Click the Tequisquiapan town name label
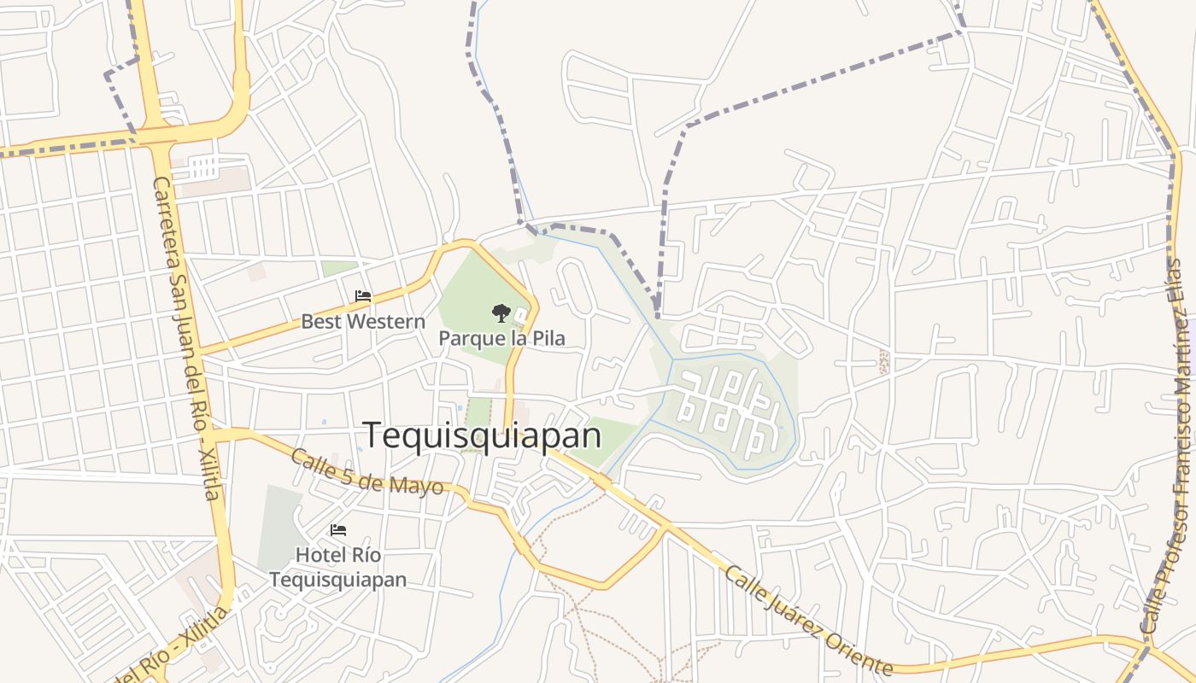coord(483,435)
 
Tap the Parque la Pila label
coord(501,338)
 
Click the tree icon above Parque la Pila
coord(501,312)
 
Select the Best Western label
coord(362,322)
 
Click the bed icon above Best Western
coord(363,296)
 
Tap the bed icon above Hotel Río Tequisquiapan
coord(338,530)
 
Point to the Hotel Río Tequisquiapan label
coord(338,567)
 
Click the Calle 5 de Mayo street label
coord(366,471)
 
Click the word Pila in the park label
coord(548,338)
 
